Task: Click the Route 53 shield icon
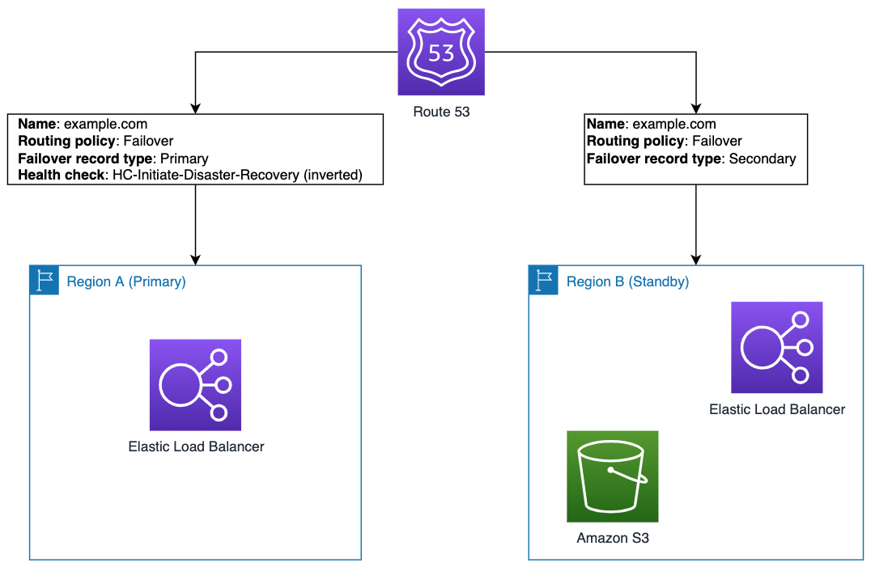tap(441, 53)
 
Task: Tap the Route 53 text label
tap(441, 112)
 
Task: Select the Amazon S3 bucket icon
tap(612, 476)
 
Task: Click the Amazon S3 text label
tap(612, 538)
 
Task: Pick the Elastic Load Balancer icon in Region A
tap(195, 384)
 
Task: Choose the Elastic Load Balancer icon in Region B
tap(776, 347)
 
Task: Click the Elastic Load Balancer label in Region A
tap(196, 446)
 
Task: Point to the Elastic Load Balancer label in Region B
tap(776, 409)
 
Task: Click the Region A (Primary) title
tap(126, 281)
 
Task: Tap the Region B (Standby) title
tap(627, 281)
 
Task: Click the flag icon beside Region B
tap(543, 280)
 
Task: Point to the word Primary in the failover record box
tap(184, 159)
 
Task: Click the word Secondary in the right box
tap(762, 159)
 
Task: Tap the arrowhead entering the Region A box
tap(195, 260)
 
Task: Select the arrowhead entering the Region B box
tap(695, 260)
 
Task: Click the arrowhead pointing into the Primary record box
tap(195, 108)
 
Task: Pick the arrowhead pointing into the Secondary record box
tap(695, 108)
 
